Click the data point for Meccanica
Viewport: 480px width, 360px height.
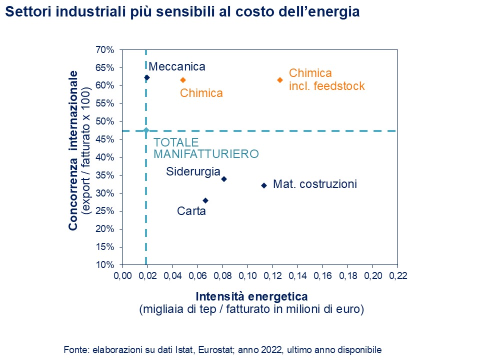tap(147, 77)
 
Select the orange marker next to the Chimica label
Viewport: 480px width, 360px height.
tap(183, 80)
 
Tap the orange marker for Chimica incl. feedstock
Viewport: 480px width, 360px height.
tap(280, 80)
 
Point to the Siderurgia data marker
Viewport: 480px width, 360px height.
tap(224, 179)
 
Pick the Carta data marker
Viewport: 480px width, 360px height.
tap(205, 200)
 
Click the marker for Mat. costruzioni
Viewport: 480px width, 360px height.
tap(264, 185)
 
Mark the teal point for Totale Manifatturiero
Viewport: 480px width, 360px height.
tap(146, 131)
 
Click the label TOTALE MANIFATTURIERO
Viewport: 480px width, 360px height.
tap(205, 148)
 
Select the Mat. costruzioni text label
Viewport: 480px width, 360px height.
tap(315, 184)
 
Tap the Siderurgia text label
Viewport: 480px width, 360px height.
tap(193, 171)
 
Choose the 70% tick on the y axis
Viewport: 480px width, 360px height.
tap(106, 50)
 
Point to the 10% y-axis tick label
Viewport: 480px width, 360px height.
tap(106, 265)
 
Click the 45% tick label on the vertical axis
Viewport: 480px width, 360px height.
tap(106, 139)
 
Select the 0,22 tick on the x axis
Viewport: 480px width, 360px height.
tap(397, 275)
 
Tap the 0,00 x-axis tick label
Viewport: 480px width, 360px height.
tap(122, 275)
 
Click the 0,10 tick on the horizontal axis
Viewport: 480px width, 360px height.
tap(247, 275)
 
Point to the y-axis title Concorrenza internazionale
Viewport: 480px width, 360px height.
tap(73, 150)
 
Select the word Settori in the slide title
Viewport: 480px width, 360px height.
tap(25, 12)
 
